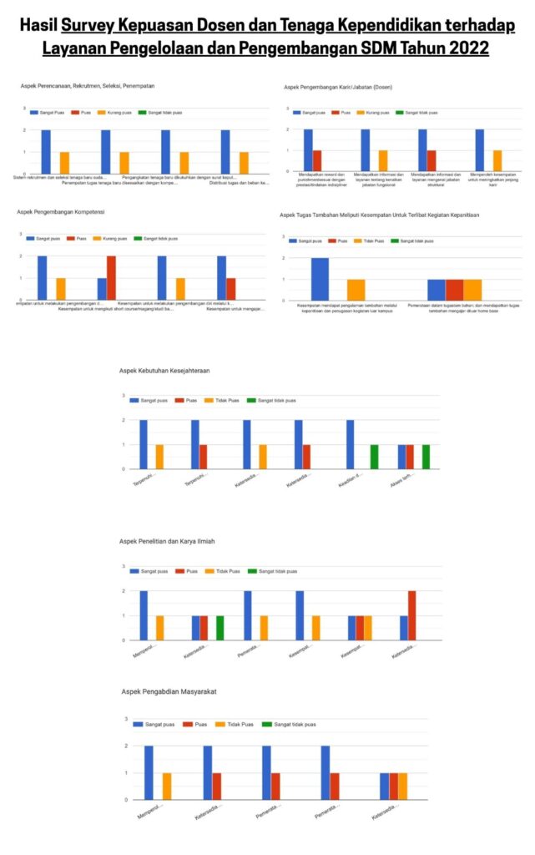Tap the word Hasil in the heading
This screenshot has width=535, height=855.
[38, 27]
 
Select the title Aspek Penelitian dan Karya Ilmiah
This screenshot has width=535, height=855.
[167, 542]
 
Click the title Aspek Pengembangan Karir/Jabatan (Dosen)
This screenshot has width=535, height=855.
[337, 87]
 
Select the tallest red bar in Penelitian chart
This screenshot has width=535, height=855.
[411, 615]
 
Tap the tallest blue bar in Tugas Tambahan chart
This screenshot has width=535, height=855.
[320, 279]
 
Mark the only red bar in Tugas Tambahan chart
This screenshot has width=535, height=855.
[454, 290]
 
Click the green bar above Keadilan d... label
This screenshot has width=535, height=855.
[374, 457]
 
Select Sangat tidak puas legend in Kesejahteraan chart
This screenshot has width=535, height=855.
[277, 400]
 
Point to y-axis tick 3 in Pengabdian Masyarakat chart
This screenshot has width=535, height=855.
[125, 719]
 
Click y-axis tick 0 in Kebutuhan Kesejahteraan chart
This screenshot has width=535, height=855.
[124, 469]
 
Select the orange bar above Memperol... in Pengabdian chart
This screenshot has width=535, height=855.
[167, 786]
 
